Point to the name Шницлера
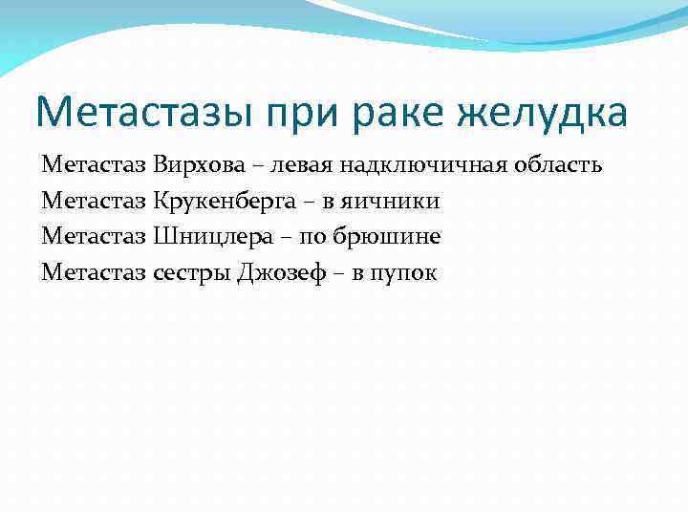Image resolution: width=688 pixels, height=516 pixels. pyautogui.click(x=204, y=237)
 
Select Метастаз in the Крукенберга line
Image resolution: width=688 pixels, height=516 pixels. pyautogui.click(x=94, y=202)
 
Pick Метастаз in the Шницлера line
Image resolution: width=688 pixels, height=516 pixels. pyautogui.click(x=94, y=237)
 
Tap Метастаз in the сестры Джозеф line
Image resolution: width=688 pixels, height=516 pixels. pyautogui.click(x=94, y=273)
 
